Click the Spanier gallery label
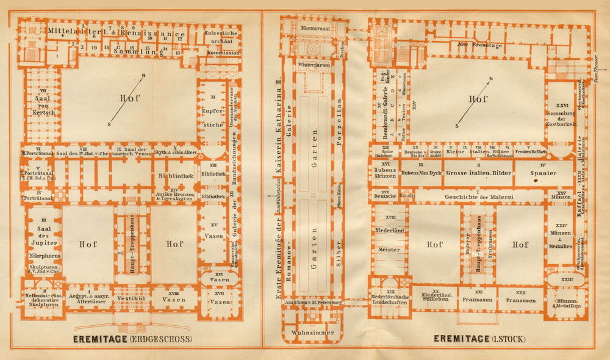(544, 173)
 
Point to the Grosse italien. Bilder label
(478, 173)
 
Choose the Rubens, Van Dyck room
(421, 173)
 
